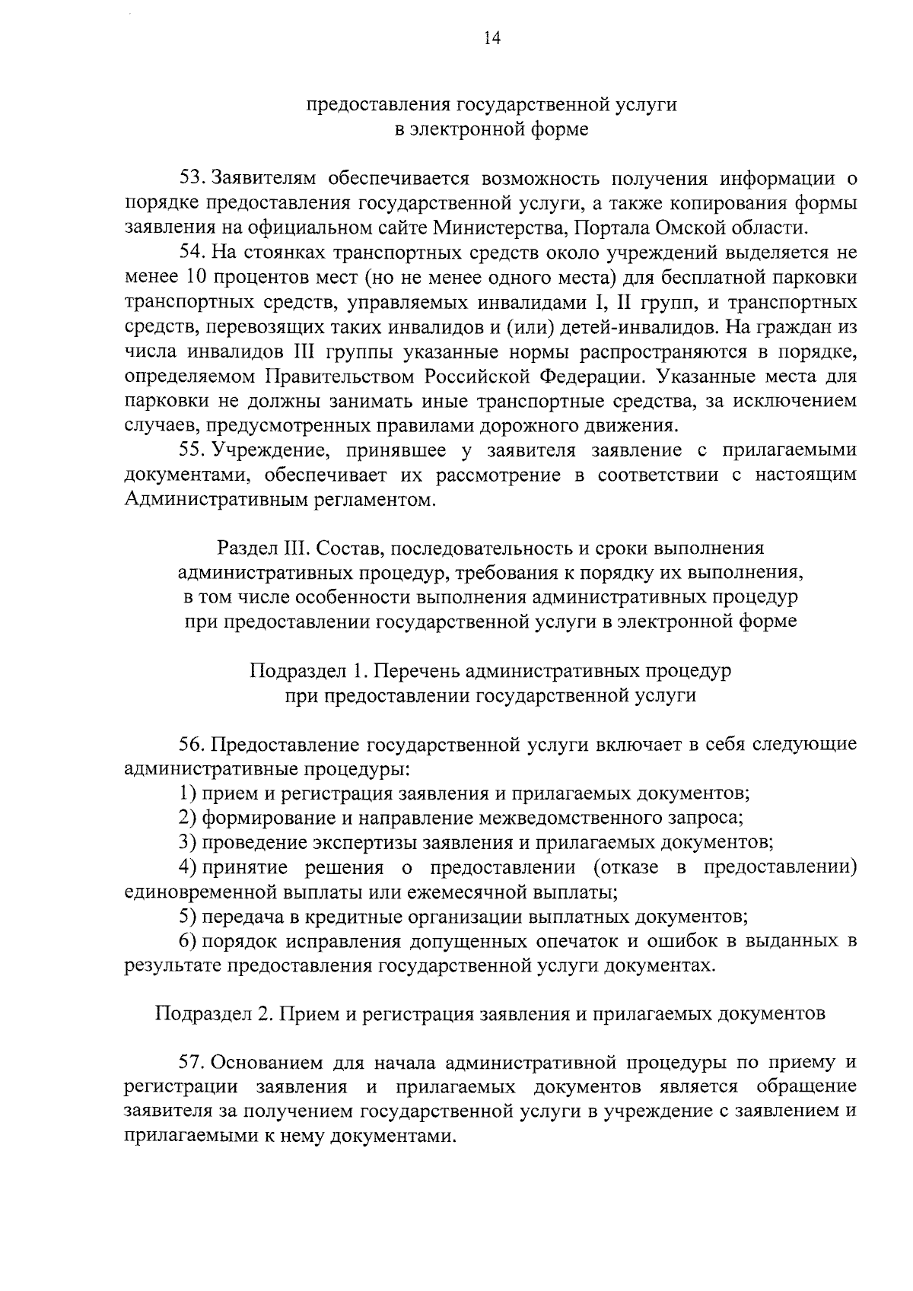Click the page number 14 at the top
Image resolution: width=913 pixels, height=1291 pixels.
pyautogui.click(x=491, y=40)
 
